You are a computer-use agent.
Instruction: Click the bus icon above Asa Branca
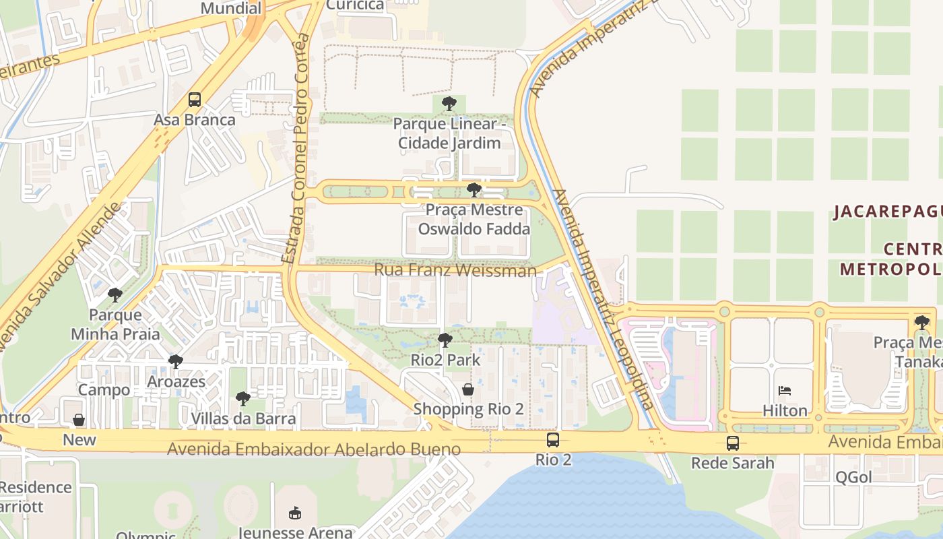[x=195, y=100]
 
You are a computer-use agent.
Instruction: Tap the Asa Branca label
[x=195, y=120]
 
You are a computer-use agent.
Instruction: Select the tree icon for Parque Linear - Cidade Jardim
[x=449, y=104]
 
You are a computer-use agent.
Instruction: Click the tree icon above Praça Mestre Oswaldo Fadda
[x=474, y=189]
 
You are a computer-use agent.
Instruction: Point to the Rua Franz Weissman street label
[x=455, y=270]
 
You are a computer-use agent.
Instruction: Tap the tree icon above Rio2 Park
[x=445, y=340]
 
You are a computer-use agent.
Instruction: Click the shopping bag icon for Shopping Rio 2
[x=468, y=389]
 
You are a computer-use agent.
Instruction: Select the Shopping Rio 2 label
[x=468, y=409]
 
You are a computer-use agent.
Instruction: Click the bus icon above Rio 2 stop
[x=553, y=440]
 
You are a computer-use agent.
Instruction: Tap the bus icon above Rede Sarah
[x=733, y=443]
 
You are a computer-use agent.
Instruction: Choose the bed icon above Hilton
[x=785, y=390]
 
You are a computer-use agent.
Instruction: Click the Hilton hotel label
[x=785, y=410]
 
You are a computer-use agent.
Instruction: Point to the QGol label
[x=853, y=477]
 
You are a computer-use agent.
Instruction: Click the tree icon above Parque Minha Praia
[x=115, y=295]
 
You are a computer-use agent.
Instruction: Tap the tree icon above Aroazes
[x=176, y=362]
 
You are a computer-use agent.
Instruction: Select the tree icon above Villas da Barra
[x=243, y=399]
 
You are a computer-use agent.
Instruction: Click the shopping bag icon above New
[x=79, y=420]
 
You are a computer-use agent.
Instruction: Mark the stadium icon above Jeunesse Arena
[x=294, y=513]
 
